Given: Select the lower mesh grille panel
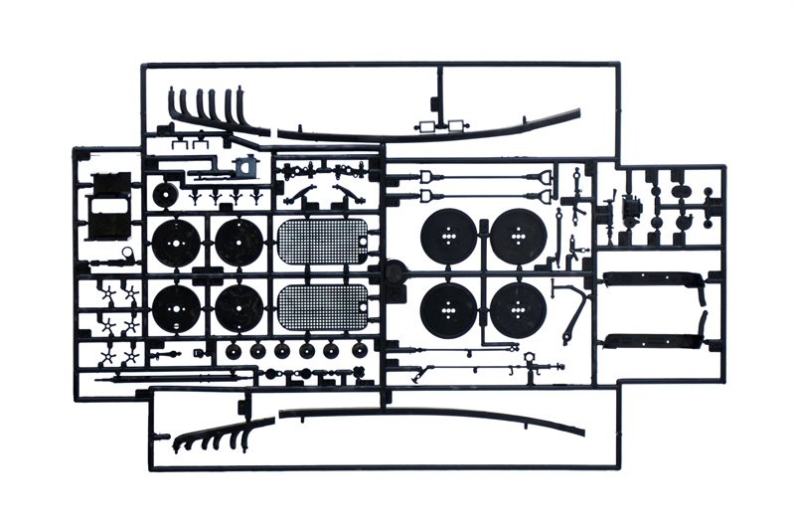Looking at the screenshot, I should (326, 309).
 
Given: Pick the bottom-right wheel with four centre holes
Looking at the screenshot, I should (518, 310).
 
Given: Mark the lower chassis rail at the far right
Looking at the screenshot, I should (653, 339).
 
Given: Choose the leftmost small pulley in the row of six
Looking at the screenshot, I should (234, 351).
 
